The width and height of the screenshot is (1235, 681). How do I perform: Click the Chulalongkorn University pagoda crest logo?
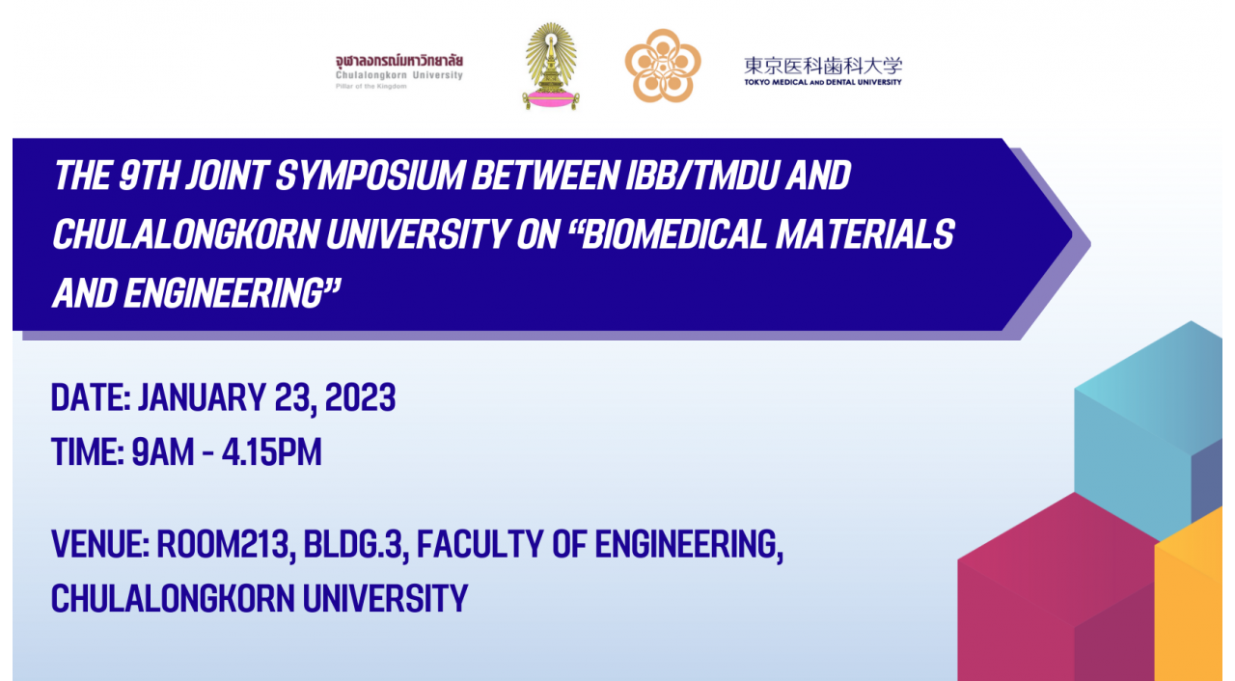[551, 67]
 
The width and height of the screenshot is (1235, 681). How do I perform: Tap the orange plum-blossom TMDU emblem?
[663, 66]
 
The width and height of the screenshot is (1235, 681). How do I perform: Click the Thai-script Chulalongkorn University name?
[399, 60]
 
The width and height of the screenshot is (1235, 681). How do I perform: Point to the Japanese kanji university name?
[823, 67]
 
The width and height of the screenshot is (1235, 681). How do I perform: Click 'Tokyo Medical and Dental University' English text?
[823, 82]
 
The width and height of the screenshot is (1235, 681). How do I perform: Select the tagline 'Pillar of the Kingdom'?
[371, 87]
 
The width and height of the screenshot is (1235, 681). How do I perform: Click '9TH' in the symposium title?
[149, 176]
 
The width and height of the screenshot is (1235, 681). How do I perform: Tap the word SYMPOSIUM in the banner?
[370, 176]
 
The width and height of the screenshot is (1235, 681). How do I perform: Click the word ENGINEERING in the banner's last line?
[223, 292]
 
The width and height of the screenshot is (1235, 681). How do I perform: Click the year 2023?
[360, 397]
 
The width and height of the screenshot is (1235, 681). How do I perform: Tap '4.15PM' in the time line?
[271, 452]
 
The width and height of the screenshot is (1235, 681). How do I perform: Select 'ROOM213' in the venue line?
[223, 544]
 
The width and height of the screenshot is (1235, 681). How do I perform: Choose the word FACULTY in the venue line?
[480, 544]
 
